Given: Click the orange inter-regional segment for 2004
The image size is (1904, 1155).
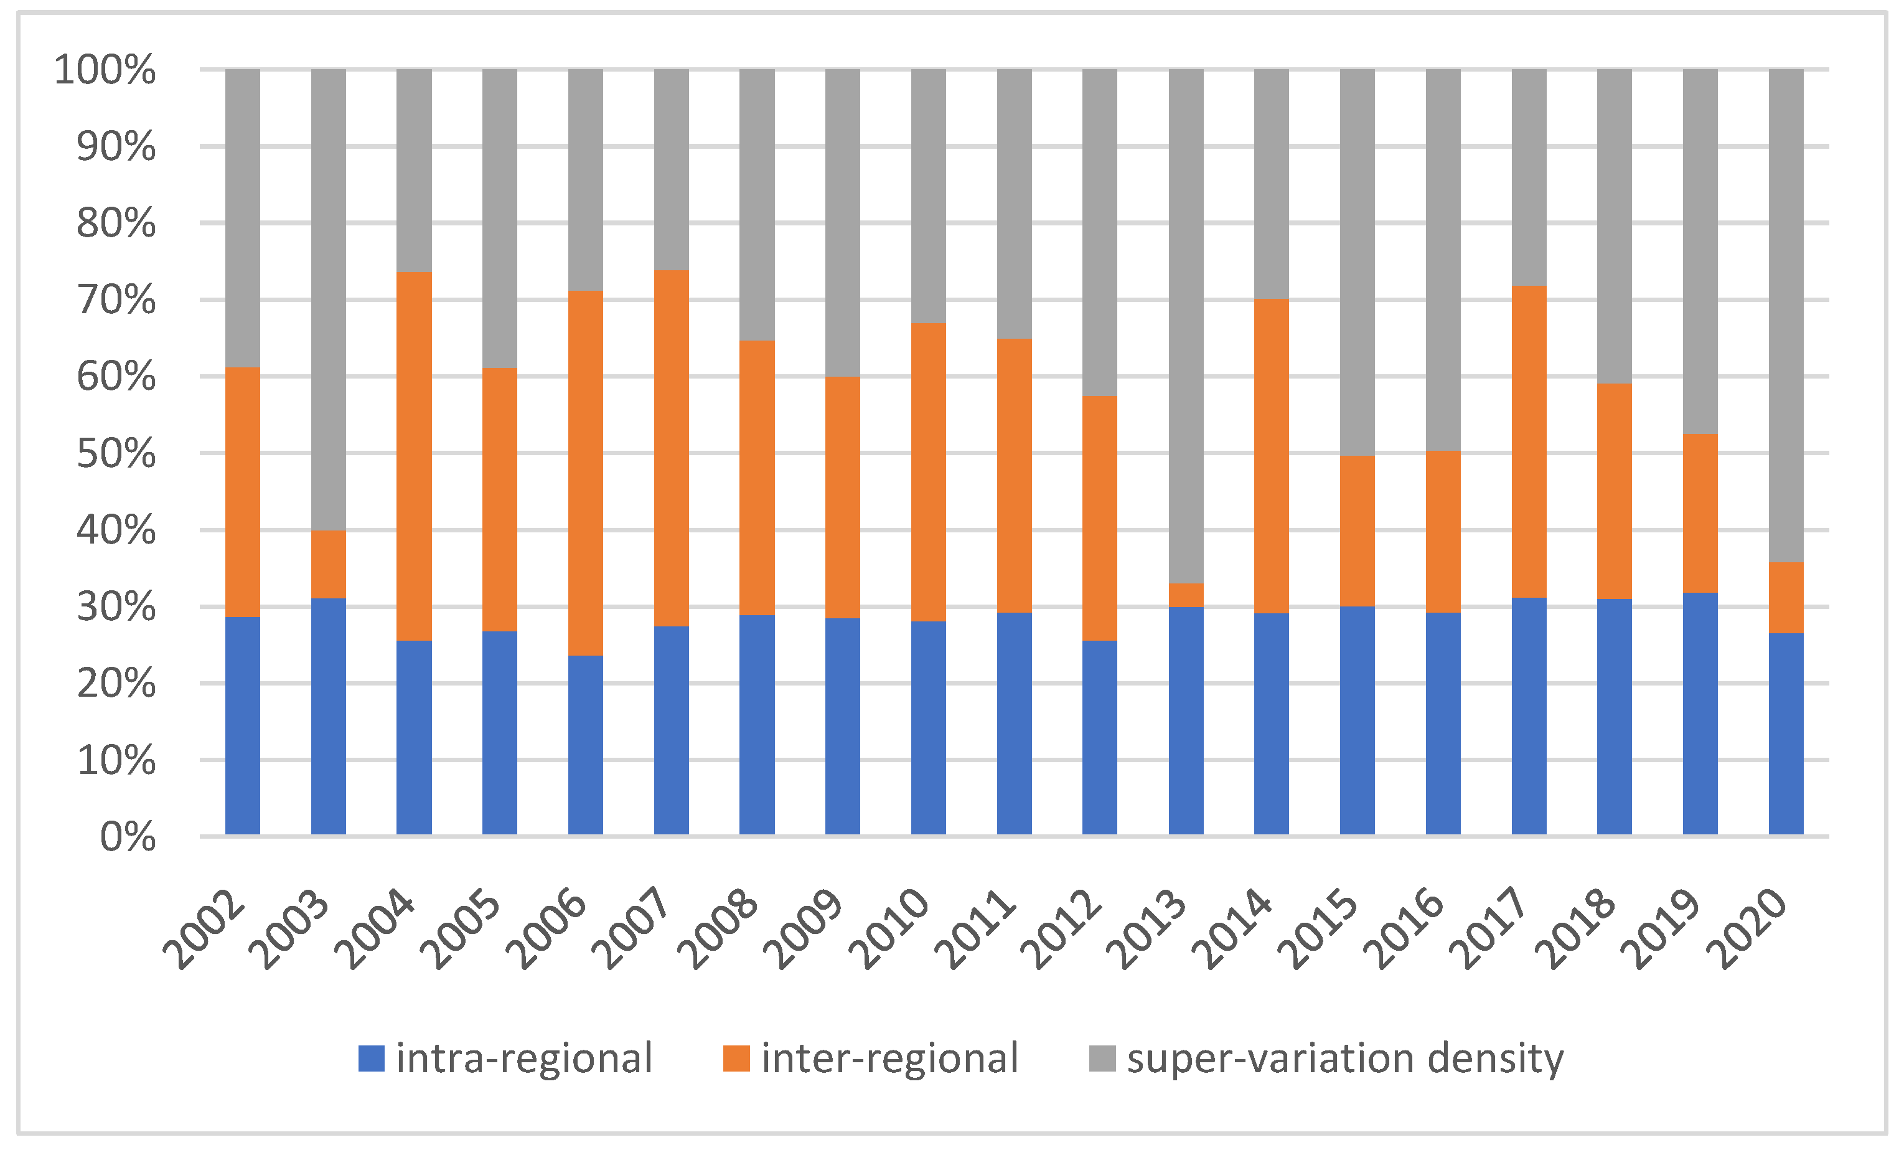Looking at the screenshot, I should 414,456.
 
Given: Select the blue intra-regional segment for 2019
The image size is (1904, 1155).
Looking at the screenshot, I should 1700,714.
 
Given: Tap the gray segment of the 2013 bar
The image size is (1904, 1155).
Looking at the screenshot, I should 1186,324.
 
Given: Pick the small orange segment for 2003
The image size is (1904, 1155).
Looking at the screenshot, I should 329,564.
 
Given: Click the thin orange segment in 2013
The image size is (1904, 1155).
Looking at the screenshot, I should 1186,595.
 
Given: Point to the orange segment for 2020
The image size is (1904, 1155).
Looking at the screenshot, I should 1786,598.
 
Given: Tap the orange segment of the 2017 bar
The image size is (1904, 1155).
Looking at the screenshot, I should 1529,441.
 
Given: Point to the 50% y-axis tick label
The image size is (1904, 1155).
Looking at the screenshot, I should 116,454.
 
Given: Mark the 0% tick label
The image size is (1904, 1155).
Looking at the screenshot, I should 128,837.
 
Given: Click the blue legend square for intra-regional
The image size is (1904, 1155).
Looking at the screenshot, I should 372,1058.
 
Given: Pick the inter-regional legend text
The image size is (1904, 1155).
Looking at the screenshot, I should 889,1058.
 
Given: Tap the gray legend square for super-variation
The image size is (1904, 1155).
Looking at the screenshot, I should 1102,1058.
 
